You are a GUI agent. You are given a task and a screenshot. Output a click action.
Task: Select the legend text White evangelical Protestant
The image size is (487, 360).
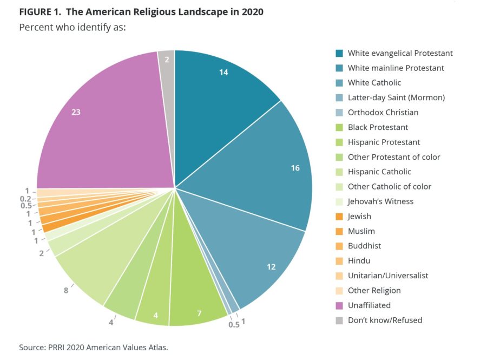point(400,53)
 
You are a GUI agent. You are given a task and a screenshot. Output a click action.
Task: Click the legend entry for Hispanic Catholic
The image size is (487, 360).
point(379,172)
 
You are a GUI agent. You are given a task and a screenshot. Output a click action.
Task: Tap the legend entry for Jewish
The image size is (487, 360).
point(359,216)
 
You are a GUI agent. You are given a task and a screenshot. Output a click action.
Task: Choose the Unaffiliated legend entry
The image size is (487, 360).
point(369,305)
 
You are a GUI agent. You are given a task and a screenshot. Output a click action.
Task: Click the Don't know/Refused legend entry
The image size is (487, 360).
point(385,320)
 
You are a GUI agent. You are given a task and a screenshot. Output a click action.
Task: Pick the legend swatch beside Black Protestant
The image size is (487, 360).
point(339,127)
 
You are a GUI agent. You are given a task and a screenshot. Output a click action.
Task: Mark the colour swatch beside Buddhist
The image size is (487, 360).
point(339,246)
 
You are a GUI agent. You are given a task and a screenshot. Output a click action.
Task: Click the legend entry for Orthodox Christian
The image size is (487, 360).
point(383,113)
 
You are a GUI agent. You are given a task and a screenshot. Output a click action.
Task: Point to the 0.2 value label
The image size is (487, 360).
point(24,199)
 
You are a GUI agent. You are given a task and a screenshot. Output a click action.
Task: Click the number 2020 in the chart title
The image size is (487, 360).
point(251,11)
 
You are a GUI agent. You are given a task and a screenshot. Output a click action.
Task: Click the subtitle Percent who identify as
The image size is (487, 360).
point(72,27)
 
